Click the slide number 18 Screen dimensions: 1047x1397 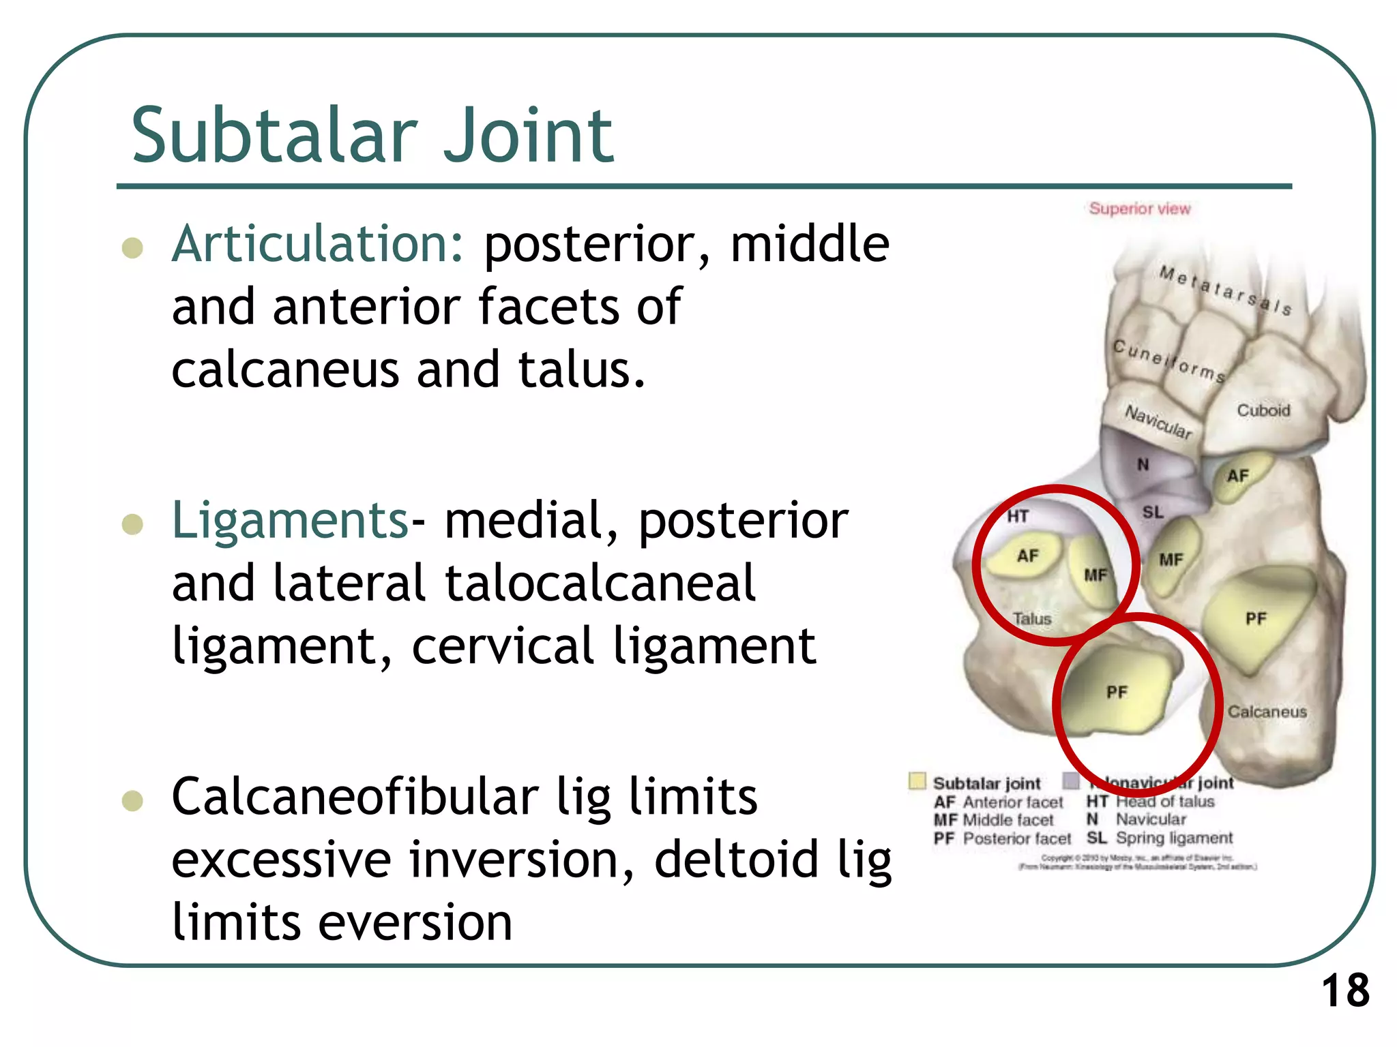tap(1345, 990)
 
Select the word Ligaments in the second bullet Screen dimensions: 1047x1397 tap(290, 521)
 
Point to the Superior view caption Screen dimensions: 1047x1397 tap(1139, 209)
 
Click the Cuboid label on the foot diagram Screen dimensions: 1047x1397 tap(1263, 410)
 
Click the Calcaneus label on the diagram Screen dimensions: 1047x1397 tap(1267, 712)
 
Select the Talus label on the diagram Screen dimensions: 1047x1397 tap(1031, 619)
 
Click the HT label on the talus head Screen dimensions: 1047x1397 tap(1018, 516)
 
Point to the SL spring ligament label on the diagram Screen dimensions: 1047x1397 tap(1153, 512)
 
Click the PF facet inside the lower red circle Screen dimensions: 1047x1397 tap(1117, 693)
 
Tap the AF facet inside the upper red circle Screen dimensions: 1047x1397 tap(1027, 556)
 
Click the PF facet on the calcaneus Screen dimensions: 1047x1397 tap(1256, 619)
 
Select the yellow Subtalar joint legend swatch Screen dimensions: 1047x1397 tap(917, 780)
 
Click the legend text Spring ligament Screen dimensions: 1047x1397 tap(1174, 838)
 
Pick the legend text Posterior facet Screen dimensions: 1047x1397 tap(1016, 838)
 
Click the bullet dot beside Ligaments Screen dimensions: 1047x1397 tap(132, 525)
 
